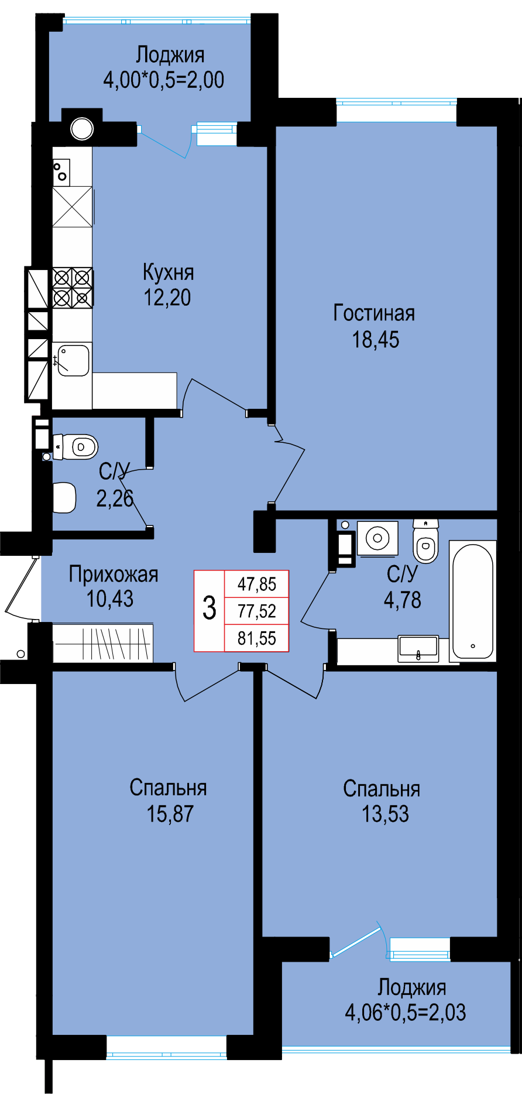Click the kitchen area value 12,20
pyautogui.click(x=167, y=298)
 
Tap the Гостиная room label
pyautogui.click(x=374, y=313)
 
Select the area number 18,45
pyautogui.click(x=375, y=340)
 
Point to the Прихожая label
pyautogui.click(x=114, y=575)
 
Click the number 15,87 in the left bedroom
pyautogui.click(x=170, y=814)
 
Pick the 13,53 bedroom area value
pyautogui.click(x=385, y=814)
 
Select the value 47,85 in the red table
pyautogui.click(x=257, y=584)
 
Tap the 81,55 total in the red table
pyautogui.click(x=257, y=638)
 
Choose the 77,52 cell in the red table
pyautogui.click(x=257, y=611)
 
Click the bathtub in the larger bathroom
pyautogui.click(x=473, y=601)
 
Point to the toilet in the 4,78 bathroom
pyautogui.click(x=425, y=541)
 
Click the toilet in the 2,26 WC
pyautogui.click(x=75, y=447)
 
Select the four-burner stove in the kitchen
pyautogui.click(x=73, y=288)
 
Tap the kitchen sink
pyautogui.click(x=73, y=359)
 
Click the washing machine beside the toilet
pyautogui.click(x=377, y=538)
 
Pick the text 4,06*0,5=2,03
pyautogui.click(x=405, y=1013)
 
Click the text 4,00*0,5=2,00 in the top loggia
pyautogui.click(x=164, y=80)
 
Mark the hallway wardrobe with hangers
pyautogui.click(x=103, y=644)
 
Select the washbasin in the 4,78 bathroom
pyautogui.click(x=418, y=649)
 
